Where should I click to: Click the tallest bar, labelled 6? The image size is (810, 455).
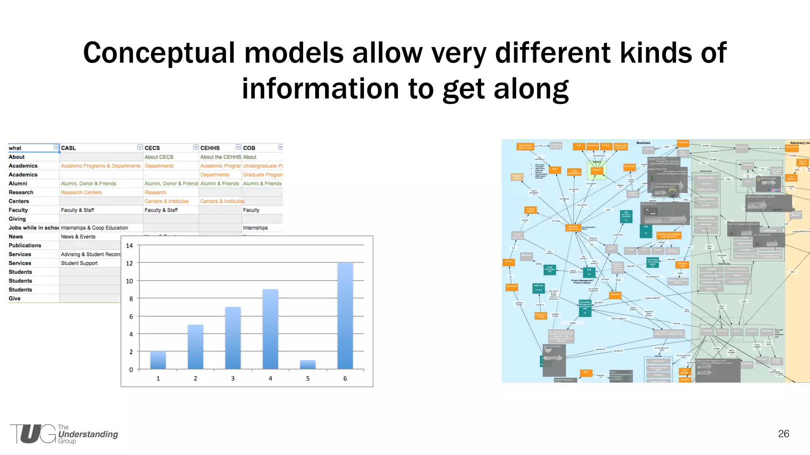click(345, 316)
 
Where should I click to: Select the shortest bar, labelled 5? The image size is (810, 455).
click(308, 365)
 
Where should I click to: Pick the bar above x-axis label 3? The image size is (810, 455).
click(233, 338)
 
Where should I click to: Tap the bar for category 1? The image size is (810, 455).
click(158, 360)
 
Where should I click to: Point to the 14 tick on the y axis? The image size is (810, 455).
click(129, 246)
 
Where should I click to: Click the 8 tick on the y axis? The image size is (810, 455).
click(131, 299)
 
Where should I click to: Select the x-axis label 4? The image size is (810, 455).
click(270, 378)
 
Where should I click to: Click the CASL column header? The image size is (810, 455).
click(68, 148)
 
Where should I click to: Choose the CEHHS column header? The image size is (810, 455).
click(210, 148)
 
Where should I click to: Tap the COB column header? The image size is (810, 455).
click(249, 148)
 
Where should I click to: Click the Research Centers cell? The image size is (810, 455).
click(81, 192)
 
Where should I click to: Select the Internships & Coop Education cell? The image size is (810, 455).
click(94, 228)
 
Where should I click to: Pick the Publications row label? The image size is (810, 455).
click(25, 245)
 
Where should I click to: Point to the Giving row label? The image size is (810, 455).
click(17, 219)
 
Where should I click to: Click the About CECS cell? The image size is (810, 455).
click(159, 157)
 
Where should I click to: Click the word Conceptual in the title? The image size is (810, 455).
click(159, 53)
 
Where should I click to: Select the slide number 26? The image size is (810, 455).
click(783, 434)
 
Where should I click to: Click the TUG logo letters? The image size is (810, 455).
click(34, 434)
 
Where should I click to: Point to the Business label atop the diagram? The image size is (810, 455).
click(643, 143)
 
